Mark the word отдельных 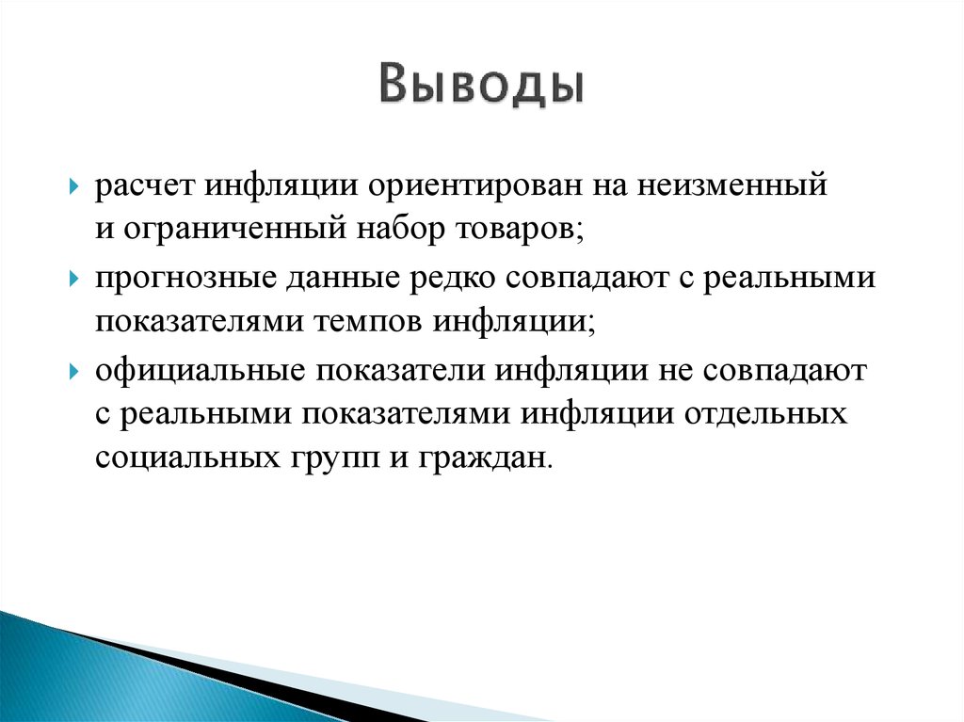766,413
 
